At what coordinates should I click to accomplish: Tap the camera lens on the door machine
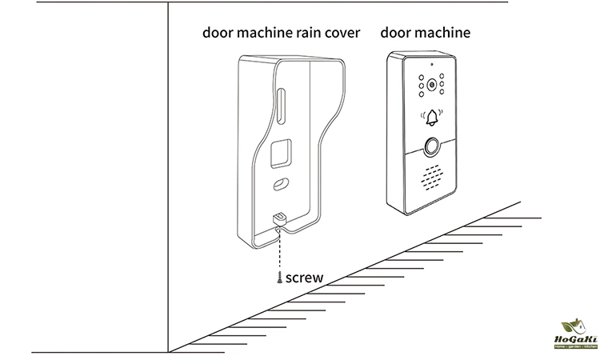pos(434,83)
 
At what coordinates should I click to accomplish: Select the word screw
pos(304,278)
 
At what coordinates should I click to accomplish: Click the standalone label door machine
pos(426,33)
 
